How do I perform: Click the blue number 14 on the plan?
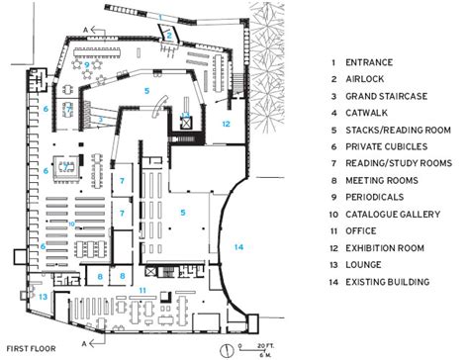238,246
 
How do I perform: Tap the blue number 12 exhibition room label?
226,124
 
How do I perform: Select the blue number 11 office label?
142,291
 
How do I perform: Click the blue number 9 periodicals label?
87,65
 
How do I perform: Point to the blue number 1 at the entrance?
160,17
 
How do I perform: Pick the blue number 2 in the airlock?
169,35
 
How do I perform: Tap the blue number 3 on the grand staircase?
101,119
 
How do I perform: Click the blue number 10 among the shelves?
71,225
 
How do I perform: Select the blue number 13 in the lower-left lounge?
44,297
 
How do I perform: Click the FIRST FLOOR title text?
32,349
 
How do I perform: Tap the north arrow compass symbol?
227,350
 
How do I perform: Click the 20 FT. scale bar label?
265,346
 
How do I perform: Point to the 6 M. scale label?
265,355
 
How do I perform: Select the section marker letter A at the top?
85,31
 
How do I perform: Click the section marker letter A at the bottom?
84,344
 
